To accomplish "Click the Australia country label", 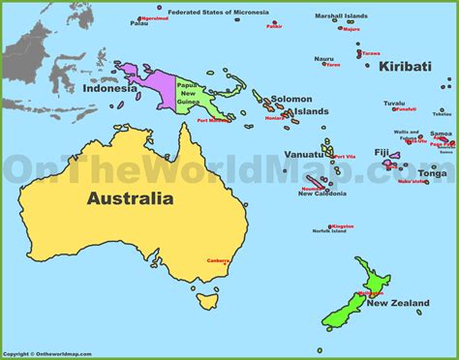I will pos(130,200).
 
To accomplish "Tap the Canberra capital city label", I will pos(218,258).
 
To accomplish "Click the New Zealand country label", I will pos(397,303).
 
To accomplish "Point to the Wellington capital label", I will pos(372,293).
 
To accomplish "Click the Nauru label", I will pos(323,58).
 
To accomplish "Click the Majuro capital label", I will pos(351,29).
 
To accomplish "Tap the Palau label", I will pos(140,25).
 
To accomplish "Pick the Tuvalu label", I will pos(394,102).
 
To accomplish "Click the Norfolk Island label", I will pos(328,231).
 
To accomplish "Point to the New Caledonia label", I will pos(323,194).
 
